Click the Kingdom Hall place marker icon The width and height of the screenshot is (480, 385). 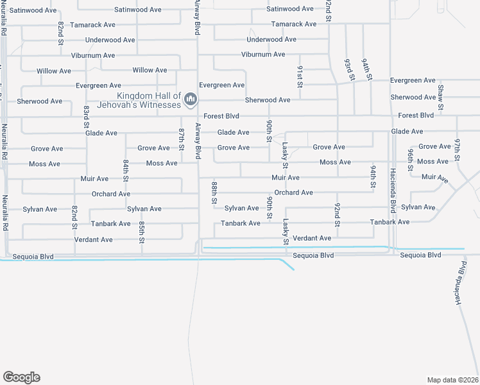coord(191,99)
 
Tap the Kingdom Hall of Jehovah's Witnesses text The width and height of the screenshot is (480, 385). coord(148,100)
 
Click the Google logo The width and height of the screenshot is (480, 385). coord(21,377)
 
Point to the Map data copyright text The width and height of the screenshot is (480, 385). coord(452,379)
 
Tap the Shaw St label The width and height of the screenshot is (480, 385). coord(441,96)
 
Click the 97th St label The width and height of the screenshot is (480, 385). coord(458,149)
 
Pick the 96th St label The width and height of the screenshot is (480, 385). coord(410,157)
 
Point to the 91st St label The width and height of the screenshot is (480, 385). coord(300,75)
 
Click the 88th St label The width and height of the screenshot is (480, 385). coord(214,193)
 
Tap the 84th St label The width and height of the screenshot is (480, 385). coord(126,171)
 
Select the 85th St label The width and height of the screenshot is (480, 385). coord(141,232)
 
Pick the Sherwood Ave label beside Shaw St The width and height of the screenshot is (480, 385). coord(414,98)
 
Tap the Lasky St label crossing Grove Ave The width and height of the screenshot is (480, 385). coord(285,152)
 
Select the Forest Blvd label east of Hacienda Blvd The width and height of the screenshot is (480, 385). coord(416,116)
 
